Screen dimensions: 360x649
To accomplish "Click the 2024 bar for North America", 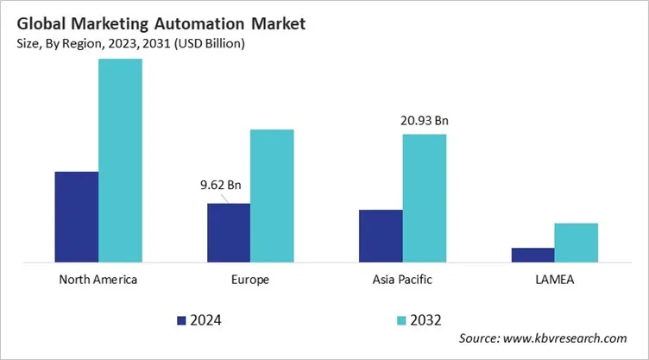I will click(77, 216).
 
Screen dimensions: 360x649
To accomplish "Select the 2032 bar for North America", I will click(120, 160).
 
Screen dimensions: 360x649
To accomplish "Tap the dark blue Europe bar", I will click(229, 232).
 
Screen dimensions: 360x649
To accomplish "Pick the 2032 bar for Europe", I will click(272, 195).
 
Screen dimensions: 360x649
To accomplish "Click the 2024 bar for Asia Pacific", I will click(381, 235).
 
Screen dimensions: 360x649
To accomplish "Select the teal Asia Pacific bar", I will click(424, 198).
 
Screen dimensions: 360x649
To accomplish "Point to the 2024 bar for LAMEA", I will click(532, 254).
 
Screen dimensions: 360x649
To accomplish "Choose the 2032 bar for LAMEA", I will click(576, 242).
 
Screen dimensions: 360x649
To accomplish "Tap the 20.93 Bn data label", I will click(424, 120).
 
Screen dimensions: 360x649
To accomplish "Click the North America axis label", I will click(98, 280).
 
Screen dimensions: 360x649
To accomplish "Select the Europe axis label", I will click(250, 280).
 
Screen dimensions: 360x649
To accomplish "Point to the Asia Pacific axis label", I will click(402, 280).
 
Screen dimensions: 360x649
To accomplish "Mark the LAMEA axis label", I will click(554, 280).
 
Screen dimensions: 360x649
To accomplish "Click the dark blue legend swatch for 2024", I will click(182, 320).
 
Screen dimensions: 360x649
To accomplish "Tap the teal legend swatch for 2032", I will click(401, 320).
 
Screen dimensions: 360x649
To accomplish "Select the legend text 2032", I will click(426, 320).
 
